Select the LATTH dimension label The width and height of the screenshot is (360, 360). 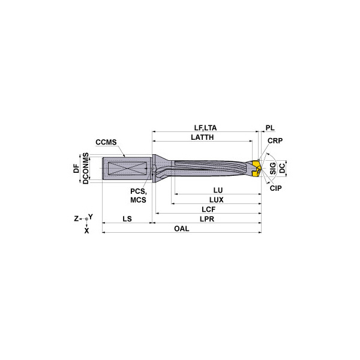click(x=202, y=137)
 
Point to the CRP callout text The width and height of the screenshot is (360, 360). click(x=275, y=141)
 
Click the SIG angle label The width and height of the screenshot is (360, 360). click(x=273, y=168)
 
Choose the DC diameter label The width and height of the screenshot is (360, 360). click(x=283, y=168)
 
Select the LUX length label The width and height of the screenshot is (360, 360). click(x=216, y=199)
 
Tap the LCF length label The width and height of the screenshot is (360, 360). click(x=208, y=209)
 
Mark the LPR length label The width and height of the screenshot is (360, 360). click(x=208, y=219)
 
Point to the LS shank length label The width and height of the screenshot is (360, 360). click(x=127, y=219)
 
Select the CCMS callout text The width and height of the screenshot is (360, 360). click(x=106, y=142)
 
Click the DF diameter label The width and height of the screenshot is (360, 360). click(x=76, y=169)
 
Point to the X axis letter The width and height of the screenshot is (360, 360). click(x=86, y=230)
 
